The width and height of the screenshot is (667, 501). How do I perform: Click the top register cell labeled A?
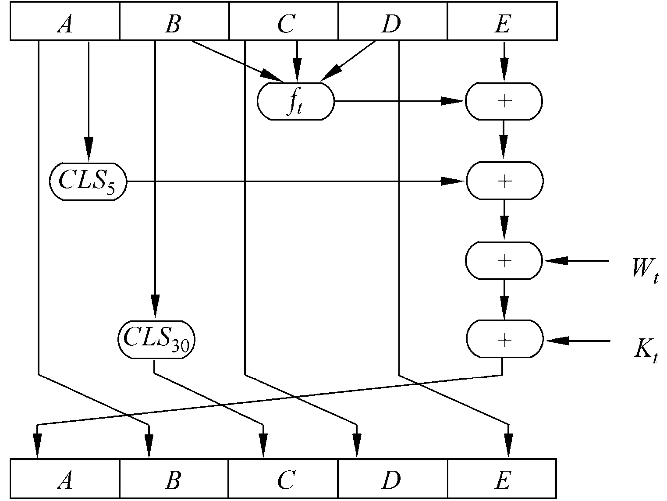pos(65,21)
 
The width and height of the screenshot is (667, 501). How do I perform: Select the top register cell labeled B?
pos(174,21)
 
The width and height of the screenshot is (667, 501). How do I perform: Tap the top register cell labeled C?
pos(284,21)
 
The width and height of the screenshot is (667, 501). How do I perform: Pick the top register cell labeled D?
pos(393,21)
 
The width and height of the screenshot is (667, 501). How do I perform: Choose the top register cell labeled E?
pos(502,21)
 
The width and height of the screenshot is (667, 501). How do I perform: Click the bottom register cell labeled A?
pos(65,479)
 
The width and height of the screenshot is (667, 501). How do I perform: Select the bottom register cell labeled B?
pos(174,479)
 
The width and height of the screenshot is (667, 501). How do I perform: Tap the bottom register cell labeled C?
pos(284,479)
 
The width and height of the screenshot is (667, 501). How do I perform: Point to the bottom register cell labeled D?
pos(393,479)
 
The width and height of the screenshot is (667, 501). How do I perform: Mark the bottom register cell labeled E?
pos(502,479)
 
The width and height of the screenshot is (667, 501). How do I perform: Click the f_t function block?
pos(295,101)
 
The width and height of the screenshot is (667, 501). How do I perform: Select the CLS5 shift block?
pos(88,181)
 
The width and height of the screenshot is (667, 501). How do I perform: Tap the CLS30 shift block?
pos(156,340)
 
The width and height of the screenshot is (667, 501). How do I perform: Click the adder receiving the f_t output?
pos(504,101)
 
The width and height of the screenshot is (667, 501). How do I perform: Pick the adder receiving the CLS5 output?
pos(504,181)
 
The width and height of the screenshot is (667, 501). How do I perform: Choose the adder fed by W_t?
pos(504,261)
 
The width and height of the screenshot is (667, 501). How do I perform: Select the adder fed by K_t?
pos(504,340)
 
